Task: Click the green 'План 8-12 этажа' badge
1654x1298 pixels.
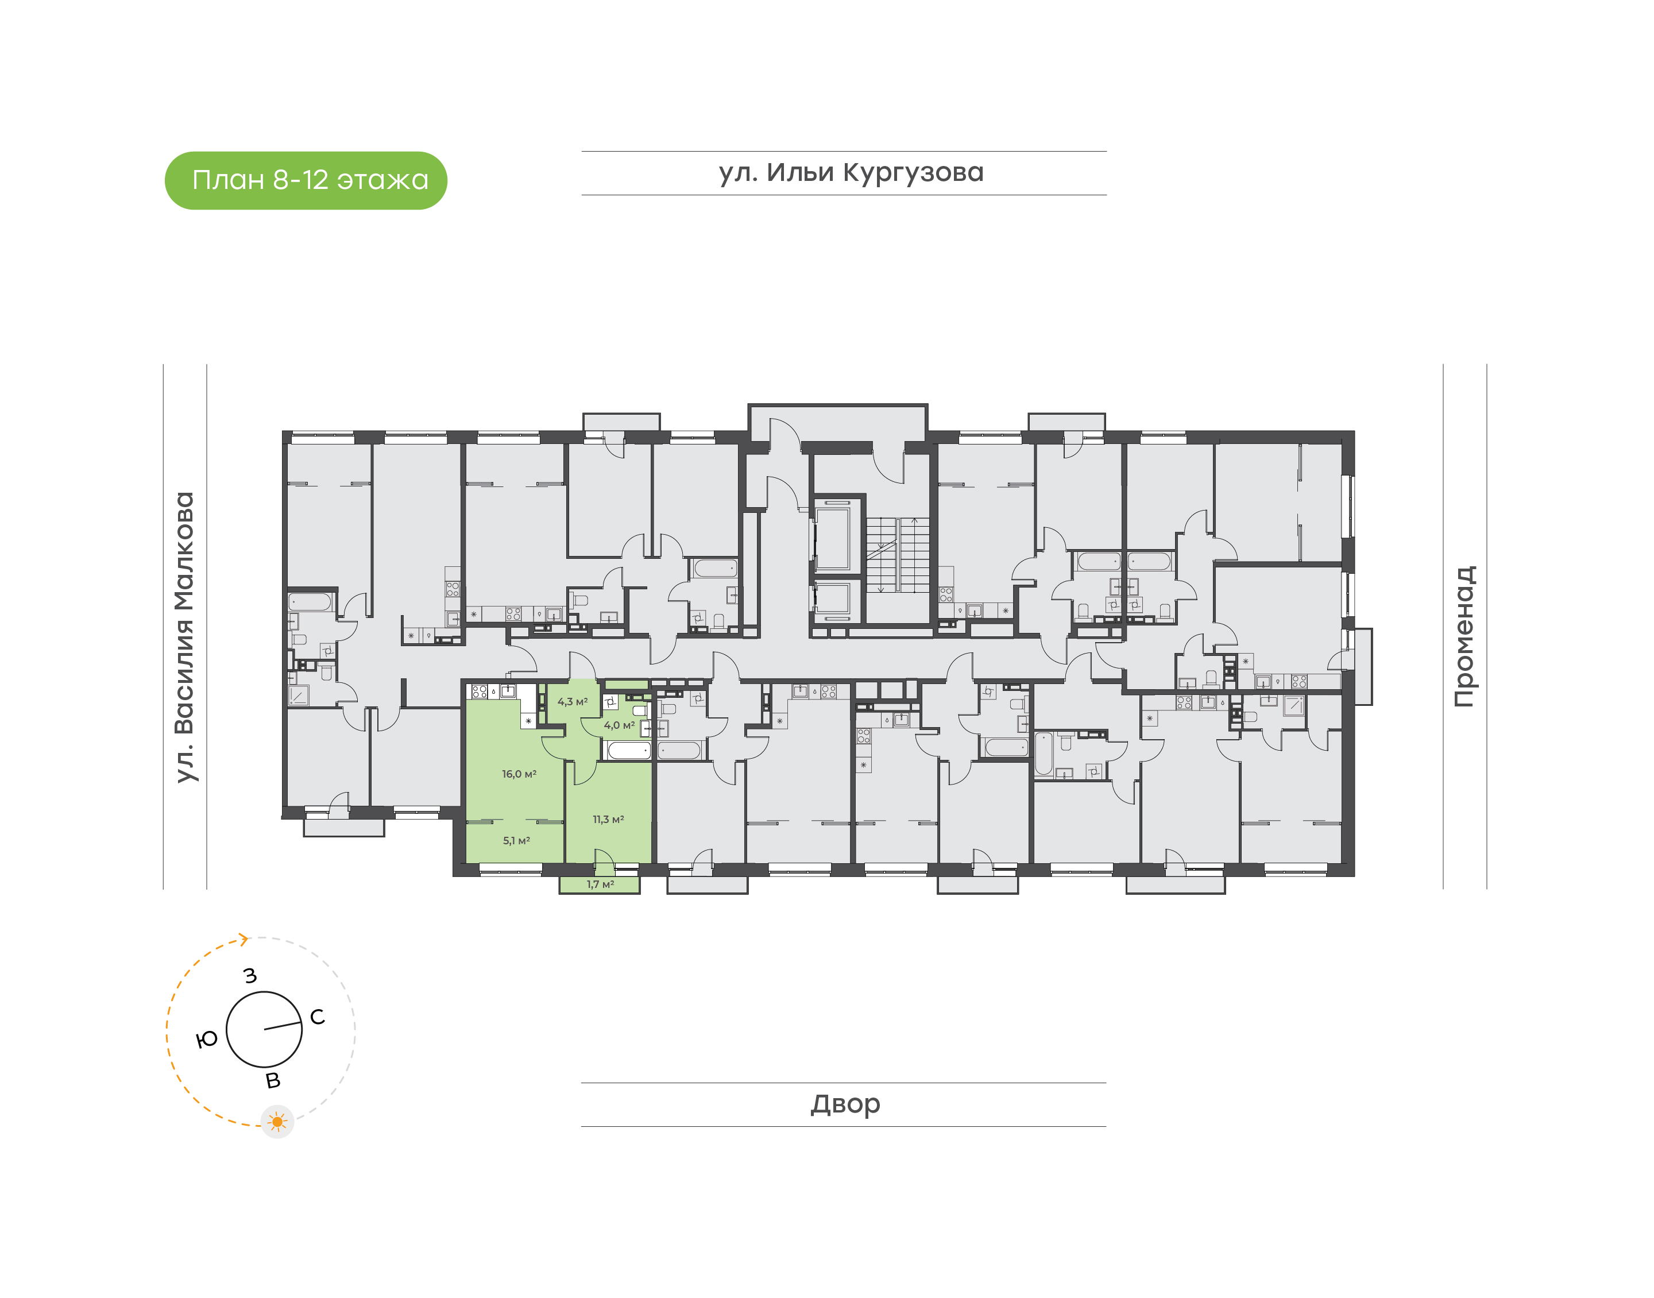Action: (x=306, y=180)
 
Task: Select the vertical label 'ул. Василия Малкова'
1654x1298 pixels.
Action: (x=184, y=636)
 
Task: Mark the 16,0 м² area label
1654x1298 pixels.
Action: (x=519, y=774)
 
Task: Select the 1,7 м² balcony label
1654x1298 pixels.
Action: (x=600, y=884)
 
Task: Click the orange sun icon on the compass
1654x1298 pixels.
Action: (x=277, y=1122)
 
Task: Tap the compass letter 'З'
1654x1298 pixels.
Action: (x=250, y=976)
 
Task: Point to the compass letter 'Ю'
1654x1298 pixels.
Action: (x=207, y=1039)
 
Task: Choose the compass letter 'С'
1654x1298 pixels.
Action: (x=318, y=1017)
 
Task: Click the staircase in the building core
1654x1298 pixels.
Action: (x=897, y=555)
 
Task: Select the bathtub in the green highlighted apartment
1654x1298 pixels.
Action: (x=628, y=751)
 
